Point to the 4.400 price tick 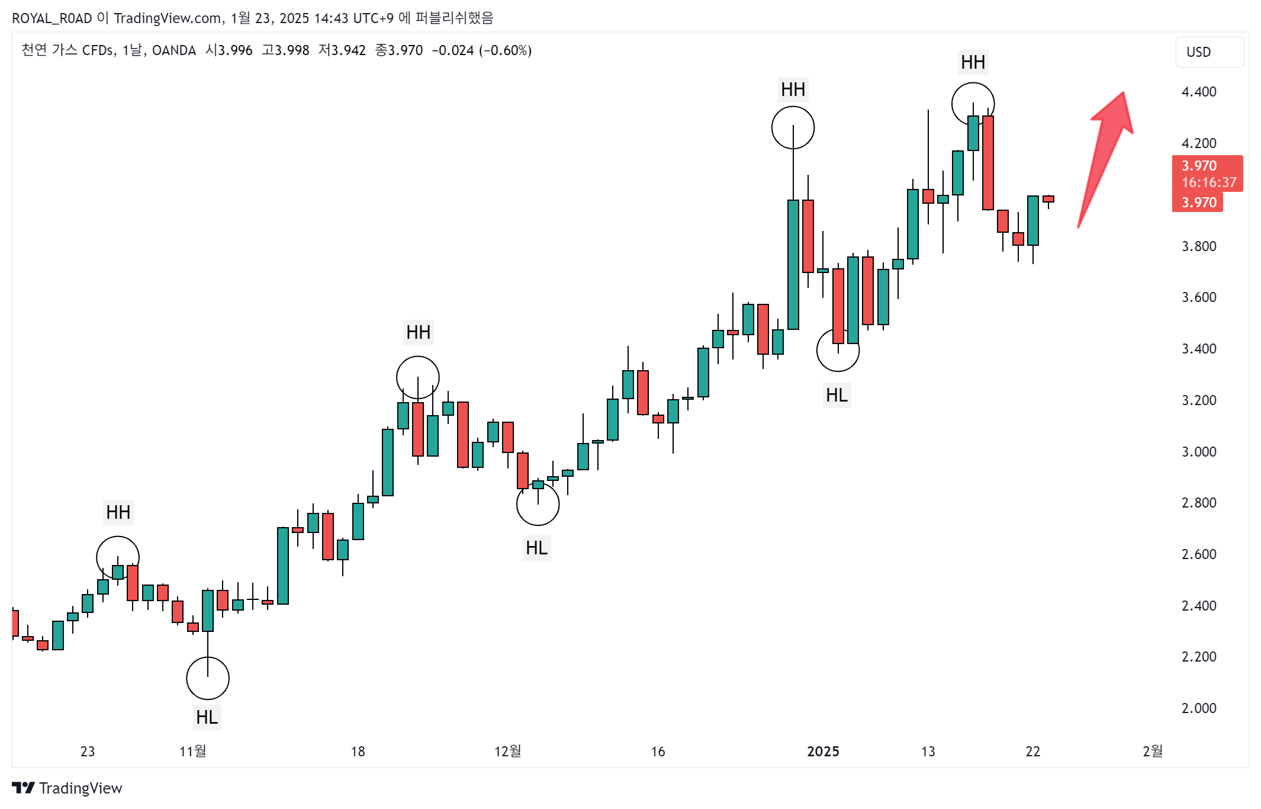click(x=1198, y=92)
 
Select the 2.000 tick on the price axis click(x=1198, y=708)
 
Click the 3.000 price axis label click(x=1198, y=451)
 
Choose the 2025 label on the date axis click(x=823, y=751)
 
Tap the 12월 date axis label click(x=507, y=751)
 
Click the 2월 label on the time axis click(x=1152, y=751)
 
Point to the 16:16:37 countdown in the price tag click(x=1208, y=182)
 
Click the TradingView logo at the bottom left click(x=67, y=788)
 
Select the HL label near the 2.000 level click(x=207, y=717)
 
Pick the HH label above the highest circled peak click(x=973, y=62)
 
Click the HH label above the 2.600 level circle click(x=118, y=512)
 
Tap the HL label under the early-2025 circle click(x=837, y=395)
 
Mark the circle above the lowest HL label click(x=207, y=678)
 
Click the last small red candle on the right click(x=1048, y=199)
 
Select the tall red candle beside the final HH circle click(x=987, y=163)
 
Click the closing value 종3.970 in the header click(x=399, y=50)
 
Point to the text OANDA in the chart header click(x=174, y=50)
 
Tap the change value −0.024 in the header click(x=452, y=50)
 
